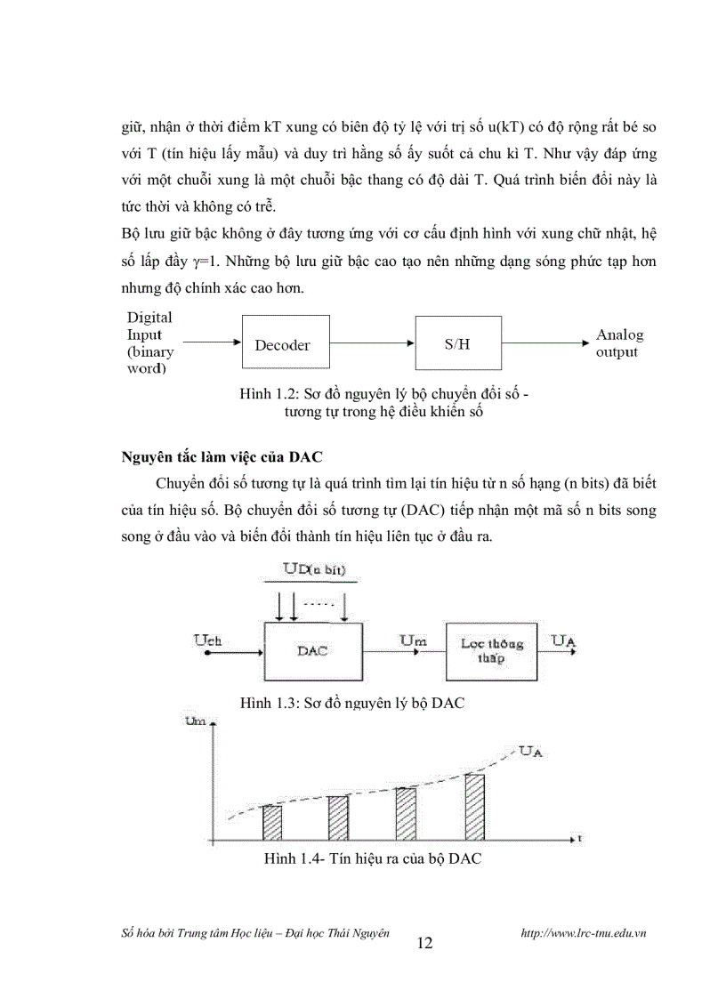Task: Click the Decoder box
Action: [283, 344]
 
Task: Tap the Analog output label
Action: [618, 343]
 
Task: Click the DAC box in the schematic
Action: [312, 651]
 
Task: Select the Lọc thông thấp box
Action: [492, 651]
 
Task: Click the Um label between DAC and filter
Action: [412, 640]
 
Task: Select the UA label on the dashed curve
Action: [533, 753]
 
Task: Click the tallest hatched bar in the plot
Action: [475, 805]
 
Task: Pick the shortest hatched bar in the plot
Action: [272, 821]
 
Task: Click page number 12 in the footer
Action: [424, 943]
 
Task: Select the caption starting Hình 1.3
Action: [353, 703]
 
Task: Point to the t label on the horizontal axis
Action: [578, 838]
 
